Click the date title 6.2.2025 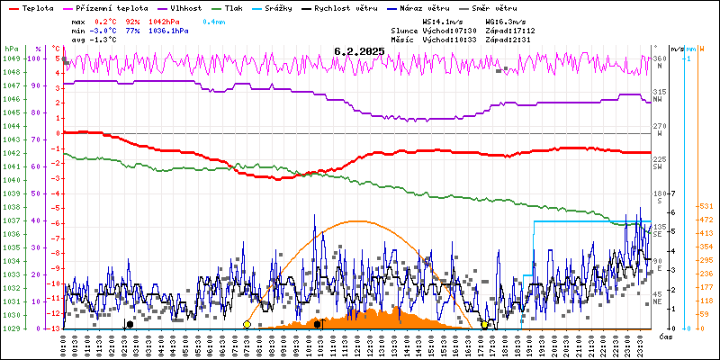[x=359, y=52]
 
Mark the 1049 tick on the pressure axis [x=11, y=58]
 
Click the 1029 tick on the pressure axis [x=11, y=328]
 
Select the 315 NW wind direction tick [x=659, y=93]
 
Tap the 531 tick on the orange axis [x=707, y=205]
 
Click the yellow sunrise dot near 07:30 [x=247, y=324]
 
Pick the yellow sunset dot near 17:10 [x=485, y=324]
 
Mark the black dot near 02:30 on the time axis [x=130, y=324]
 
